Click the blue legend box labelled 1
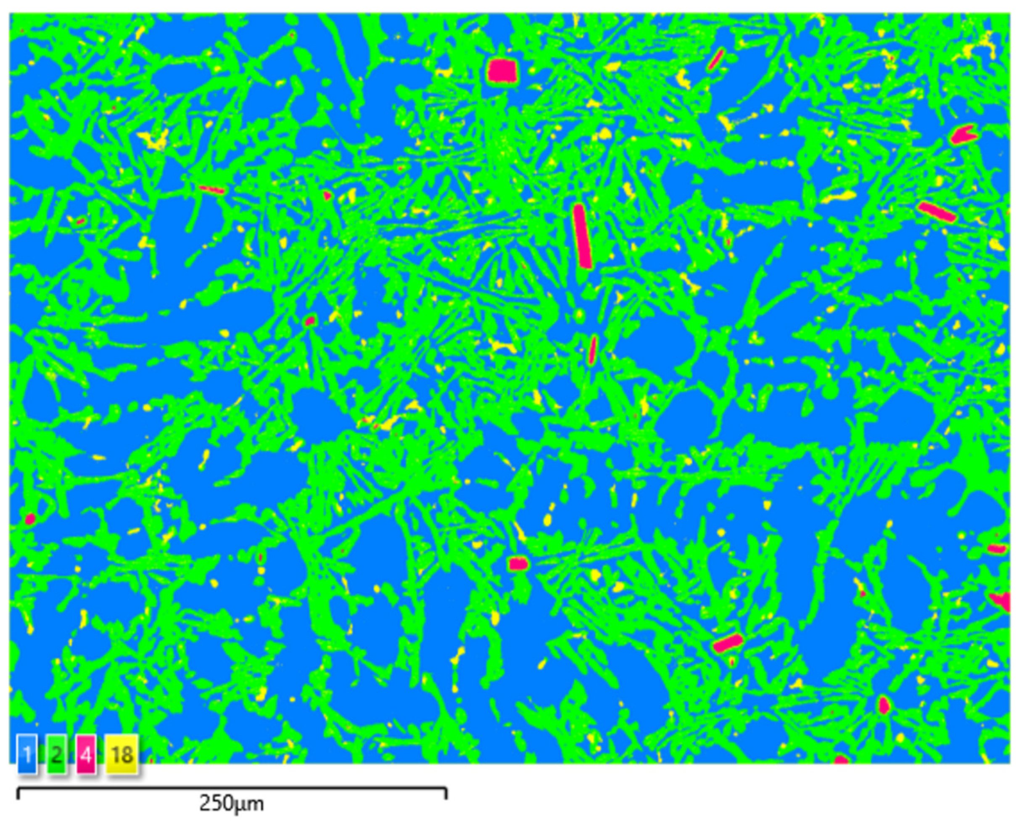click(27, 754)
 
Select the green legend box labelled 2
click(56, 754)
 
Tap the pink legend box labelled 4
click(86, 754)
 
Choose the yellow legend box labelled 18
click(122, 754)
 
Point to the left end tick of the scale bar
click(18, 792)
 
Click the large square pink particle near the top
click(502, 71)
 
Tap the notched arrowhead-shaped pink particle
click(964, 135)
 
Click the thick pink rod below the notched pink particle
click(937, 211)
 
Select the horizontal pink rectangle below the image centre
click(518, 563)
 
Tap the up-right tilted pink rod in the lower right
click(727, 642)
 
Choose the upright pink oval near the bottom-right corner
click(884, 706)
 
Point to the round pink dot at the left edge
click(30, 519)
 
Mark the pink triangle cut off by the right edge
click(1001, 600)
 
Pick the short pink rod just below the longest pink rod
click(592, 350)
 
